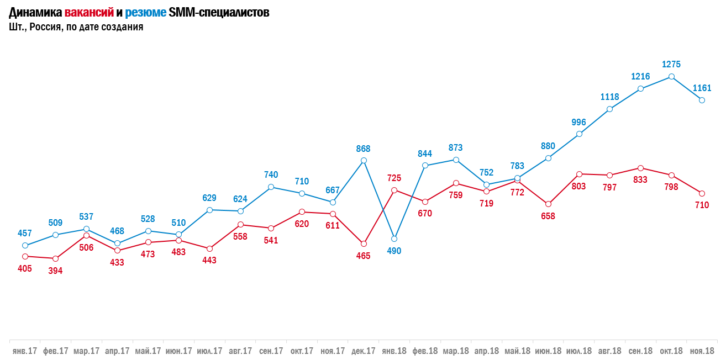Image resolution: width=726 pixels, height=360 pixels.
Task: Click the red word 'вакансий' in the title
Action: (x=89, y=13)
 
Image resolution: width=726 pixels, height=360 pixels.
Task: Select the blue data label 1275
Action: (x=671, y=64)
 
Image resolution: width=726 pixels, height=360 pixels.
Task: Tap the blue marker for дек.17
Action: (x=364, y=161)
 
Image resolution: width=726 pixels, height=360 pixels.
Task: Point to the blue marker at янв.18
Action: (x=394, y=239)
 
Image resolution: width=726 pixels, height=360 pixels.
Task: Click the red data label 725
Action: (x=394, y=178)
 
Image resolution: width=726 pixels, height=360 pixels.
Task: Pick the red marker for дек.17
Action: (x=364, y=243)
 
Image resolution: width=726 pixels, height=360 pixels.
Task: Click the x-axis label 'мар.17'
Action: (x=86, y=351)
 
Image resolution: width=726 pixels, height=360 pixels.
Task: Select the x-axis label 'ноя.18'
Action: (x=702, y=351)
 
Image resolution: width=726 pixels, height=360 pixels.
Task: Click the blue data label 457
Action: (x=25, y=233)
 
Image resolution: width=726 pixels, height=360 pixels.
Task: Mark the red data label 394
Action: (x=55, y=271)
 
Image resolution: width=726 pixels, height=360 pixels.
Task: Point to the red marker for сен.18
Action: (x=640, y=168)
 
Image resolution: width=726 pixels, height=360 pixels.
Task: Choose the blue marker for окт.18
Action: (x=671, y=77)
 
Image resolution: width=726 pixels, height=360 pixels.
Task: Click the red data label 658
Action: (x=548, y=216)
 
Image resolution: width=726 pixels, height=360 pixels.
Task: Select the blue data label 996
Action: (x=579, y=122)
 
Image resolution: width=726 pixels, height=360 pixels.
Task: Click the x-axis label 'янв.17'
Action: (x=25, y=351)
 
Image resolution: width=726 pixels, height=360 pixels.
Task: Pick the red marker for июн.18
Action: (x=548, y=204)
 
